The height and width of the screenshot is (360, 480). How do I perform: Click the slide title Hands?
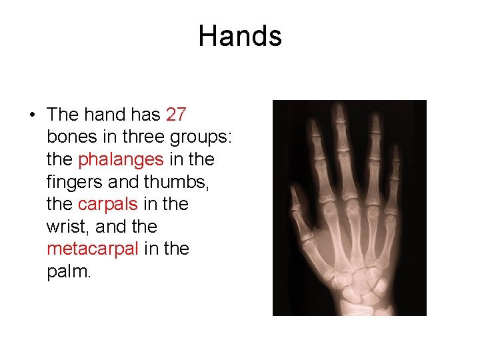click(x=240, y=36)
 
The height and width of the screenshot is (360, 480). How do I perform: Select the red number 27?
click(x=176, y=115)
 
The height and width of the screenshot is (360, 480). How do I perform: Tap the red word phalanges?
click(x=121, y=159)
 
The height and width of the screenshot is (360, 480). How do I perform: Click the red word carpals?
click(x=107, y=204)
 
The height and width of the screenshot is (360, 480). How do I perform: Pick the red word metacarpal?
click(x=93, y=249)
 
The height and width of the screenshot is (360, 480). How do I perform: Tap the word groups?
click(x=201, y=137)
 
